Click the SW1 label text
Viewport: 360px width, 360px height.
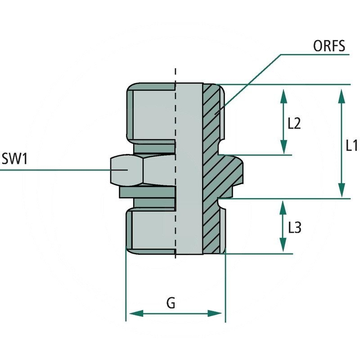15,159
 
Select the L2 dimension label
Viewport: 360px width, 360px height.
293,124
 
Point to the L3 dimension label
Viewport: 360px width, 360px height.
294,228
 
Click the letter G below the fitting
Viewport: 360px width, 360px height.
171,304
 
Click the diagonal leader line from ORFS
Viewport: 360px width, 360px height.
252,81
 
